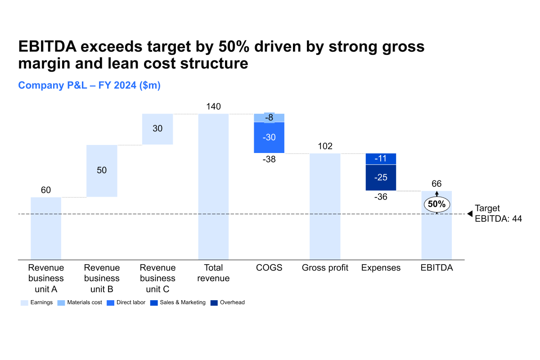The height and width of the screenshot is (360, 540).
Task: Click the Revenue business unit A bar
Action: (x=46, y=228)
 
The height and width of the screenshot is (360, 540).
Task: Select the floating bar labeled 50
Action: (x=102, y=171)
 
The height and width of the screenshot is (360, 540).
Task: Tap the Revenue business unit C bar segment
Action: (x=157, y=129)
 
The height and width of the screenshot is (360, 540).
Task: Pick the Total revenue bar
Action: (x=213, y=187)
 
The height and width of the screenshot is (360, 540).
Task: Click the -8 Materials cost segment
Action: (x=269, y=117)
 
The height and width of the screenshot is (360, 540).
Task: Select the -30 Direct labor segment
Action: (x=269, y=137)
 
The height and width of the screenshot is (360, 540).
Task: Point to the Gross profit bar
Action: (x=325, y=207)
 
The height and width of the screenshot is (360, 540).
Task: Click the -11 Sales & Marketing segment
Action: (x=381, y=159)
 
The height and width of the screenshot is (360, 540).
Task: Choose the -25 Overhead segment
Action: (x=381, y=177)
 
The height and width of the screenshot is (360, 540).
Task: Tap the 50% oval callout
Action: (x=437, y=204)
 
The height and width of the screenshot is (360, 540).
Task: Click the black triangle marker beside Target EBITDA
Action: (x=470, y=214)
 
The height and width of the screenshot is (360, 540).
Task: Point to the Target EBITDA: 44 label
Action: (x=498, y=213)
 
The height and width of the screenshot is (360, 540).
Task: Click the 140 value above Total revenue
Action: (x=213, y=107)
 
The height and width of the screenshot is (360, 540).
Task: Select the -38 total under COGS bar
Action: (x=269, y=159)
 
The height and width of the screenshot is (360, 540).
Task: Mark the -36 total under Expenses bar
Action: (x=381, y=197)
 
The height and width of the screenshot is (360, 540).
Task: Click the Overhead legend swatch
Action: (x=214, y=303)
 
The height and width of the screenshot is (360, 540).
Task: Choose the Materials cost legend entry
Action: (x=80, y=302)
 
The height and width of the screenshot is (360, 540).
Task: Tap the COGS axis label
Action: (x=269, y=268)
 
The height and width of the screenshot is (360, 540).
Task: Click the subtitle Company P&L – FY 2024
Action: (x=89, y=85)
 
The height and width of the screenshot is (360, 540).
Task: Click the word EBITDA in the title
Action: (x=48, y=46)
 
